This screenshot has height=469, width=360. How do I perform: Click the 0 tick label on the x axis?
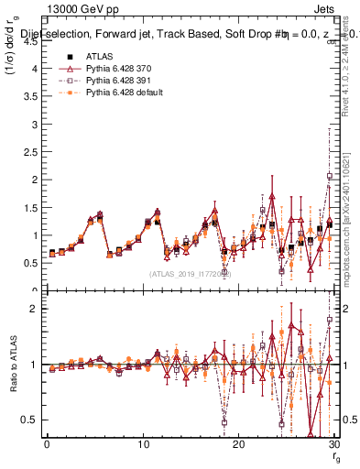click(x=47, y=444)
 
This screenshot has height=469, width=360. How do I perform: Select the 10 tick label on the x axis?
click(x=143, y=444)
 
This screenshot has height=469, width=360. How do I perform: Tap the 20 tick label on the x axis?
click(x=238, y=444)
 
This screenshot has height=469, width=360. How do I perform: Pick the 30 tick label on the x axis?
click(x=333, y=444)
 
